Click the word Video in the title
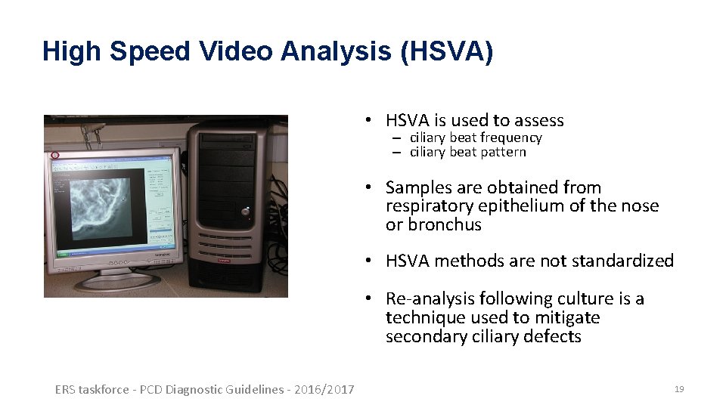coord(237,51)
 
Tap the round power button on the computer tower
coord(245,212)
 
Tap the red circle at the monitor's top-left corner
coord(54,156)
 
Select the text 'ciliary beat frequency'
coord(476,138)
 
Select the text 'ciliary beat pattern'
coord(467,152)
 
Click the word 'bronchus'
coord(445,225)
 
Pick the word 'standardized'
coord(622,261)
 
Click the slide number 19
coord(679,389)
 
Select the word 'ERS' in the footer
coord(65,390)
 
